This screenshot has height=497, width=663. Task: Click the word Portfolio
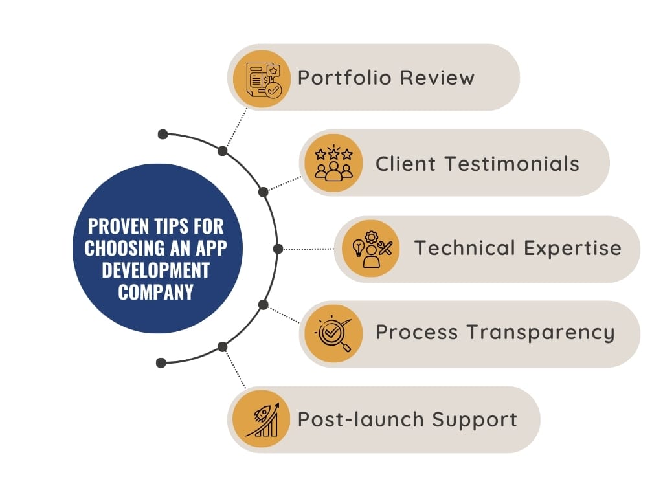coord(345,78)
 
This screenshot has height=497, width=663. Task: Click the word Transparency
coord(541,333)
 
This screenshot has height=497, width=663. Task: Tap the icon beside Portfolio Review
coord(264,78)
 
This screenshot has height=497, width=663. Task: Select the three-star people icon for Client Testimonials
coord(333,163)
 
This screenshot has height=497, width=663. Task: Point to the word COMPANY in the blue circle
coord(156,292)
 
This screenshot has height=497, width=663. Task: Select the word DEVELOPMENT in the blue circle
coord(156,270)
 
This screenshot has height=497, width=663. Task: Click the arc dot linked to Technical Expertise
coord(278,248)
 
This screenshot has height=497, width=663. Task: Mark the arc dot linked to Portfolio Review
coord(223,151)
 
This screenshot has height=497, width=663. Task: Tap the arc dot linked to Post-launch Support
coord(223,347)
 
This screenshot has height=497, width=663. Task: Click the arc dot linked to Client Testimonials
coord(263,192)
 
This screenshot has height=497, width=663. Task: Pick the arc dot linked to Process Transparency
coord(263,304)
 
